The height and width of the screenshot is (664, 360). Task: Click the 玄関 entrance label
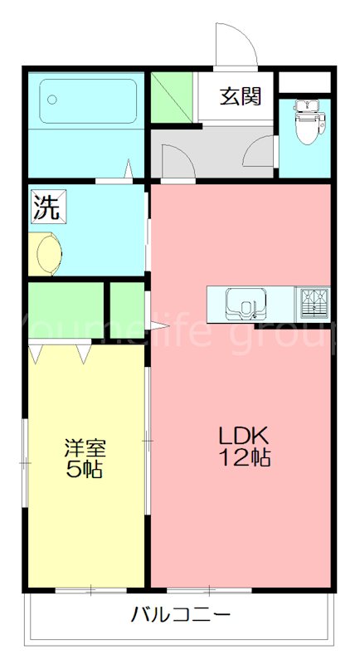241,96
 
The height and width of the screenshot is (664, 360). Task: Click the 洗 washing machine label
47,207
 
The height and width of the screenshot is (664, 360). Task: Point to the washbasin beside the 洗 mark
46,251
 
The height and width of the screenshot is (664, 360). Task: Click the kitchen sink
246,302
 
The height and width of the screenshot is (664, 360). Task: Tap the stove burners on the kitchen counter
314,302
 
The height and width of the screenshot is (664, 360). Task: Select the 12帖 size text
246,457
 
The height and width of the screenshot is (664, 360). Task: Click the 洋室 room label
85,449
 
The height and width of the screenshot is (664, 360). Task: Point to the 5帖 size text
85,470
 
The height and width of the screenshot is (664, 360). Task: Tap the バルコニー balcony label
179,615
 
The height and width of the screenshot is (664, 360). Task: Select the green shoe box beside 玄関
173,97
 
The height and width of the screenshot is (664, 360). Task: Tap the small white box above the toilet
304,82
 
